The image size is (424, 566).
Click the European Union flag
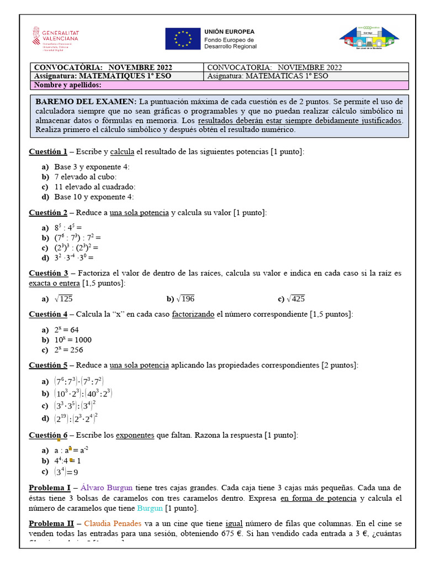[183, 39]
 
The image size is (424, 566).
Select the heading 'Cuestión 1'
[48, 151]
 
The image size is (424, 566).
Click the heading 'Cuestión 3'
[49, 273]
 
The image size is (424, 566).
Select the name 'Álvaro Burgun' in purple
[107, 488]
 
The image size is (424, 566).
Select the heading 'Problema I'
[50, 488]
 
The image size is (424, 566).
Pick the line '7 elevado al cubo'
[86, 176]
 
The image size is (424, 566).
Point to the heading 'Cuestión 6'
[49, 435]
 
